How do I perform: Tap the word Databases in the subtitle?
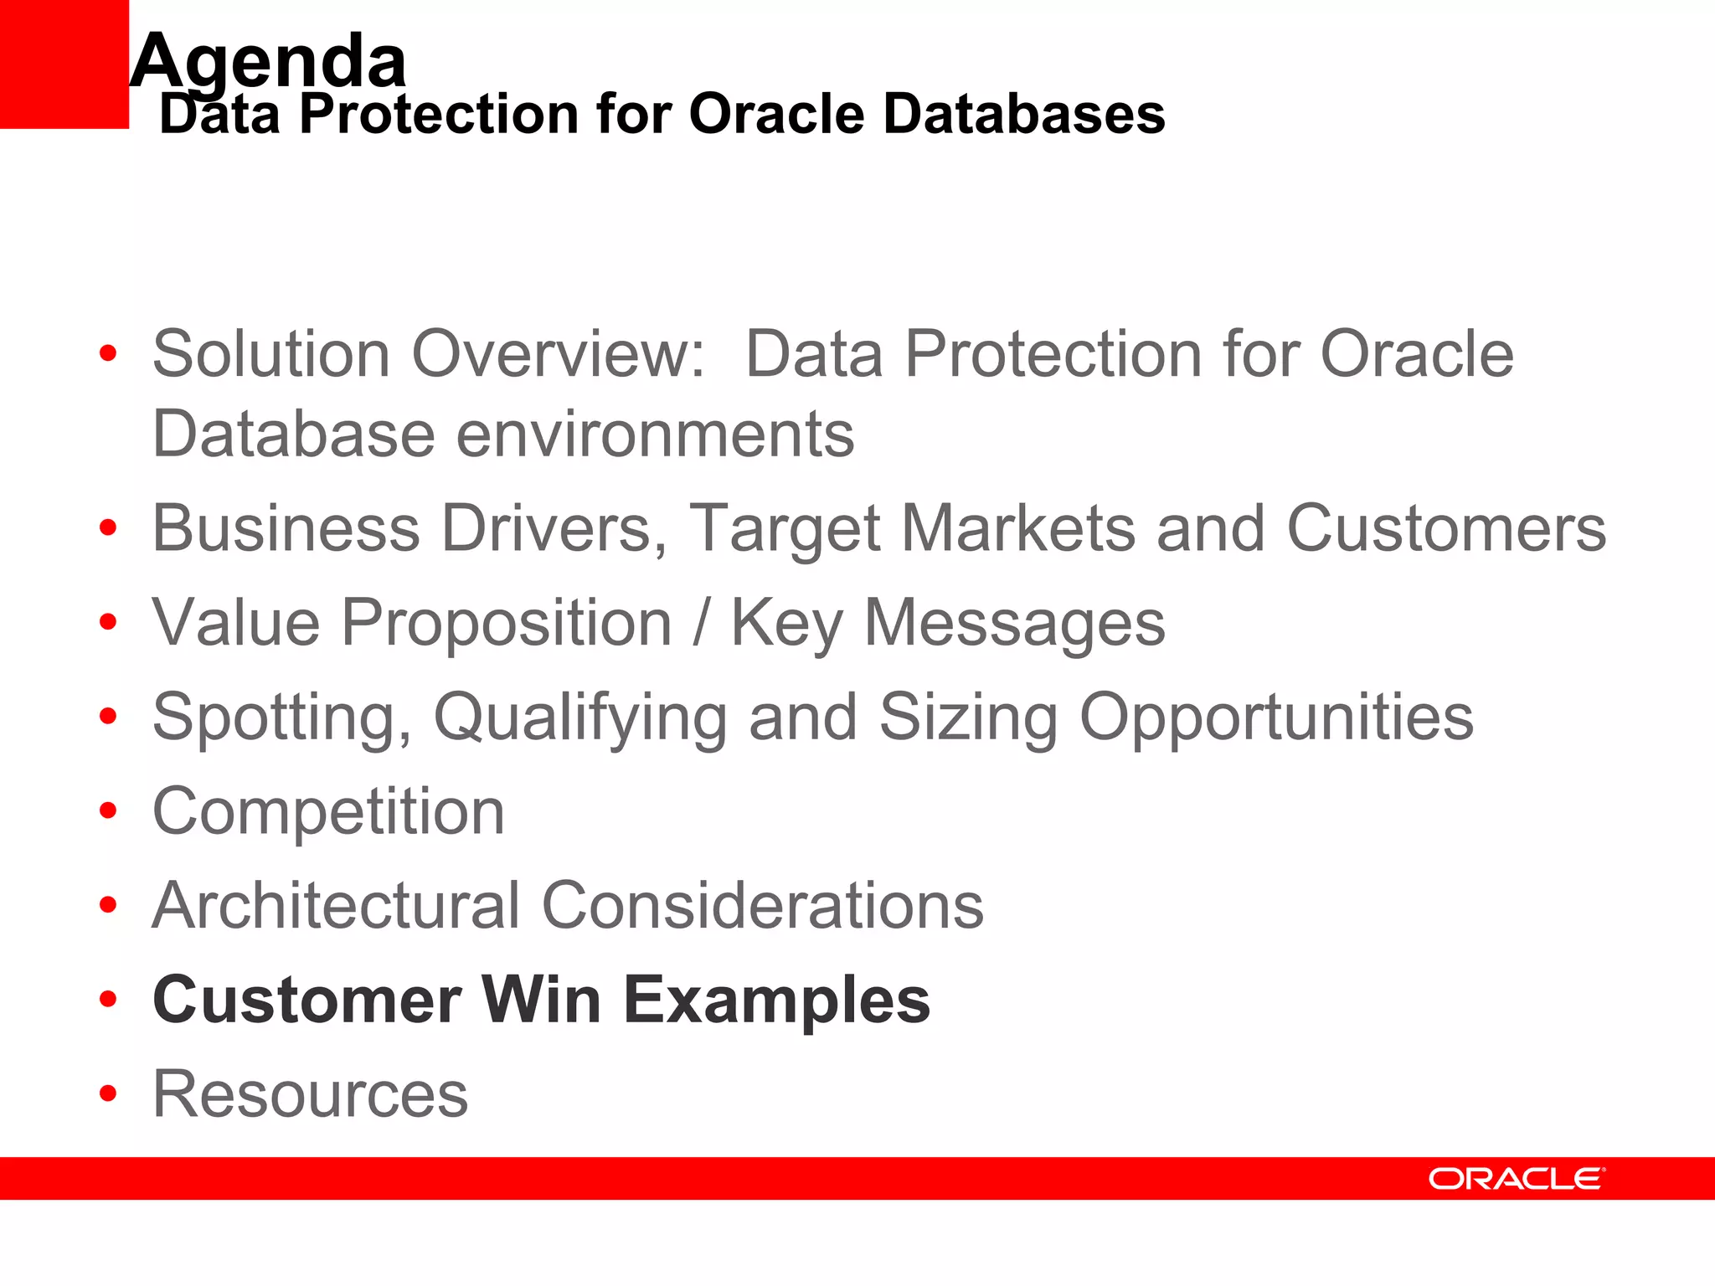click(x=1023, y=114)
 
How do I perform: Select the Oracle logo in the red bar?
click(x=1517, y=1179)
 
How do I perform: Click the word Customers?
click(x=1446, y=528)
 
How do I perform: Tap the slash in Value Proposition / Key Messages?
click(x=701, y=623)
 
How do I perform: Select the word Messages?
click(x=1014, y=623)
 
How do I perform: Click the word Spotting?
click(x=282, y=718)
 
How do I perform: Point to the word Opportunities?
click(x=1276, y=718)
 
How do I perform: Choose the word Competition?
click(x=328, y=811)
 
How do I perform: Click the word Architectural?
click(x=337, y=905)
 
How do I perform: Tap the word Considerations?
click(x=763, y=905)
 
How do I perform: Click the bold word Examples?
click(x=776, y=1000)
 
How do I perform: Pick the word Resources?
click(x=310, y=1094)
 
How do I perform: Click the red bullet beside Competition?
click(x=108, y=810)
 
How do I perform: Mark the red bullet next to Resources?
click(x=108, y=1093)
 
